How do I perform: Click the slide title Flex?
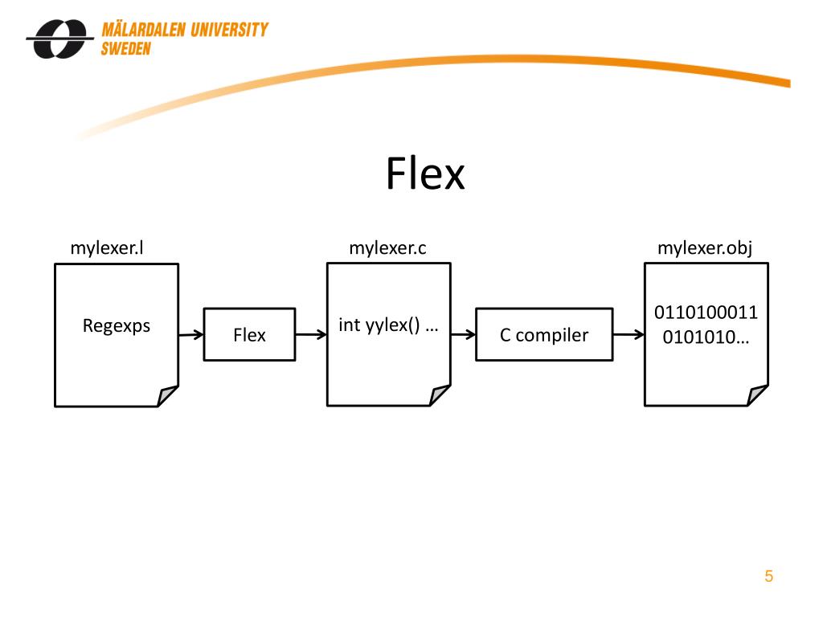pyautogui.click(x=425, y=174)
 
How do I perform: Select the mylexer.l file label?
pyautogui.click(x=107, y=247)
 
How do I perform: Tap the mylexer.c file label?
pyautogui.click(x=388, y=247)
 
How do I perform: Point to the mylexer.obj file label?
pyautogui.click(x=705, y=247)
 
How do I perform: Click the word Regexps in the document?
pyautogui.click(x=117, y=326)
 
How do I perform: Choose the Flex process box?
pyautogui.click(x=249, y=334)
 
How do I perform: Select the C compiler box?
pyautogui.click(x=544, y=334)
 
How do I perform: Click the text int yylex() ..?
pyautogui.click(x=379, y=325)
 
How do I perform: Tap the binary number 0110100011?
pyautogui.click(x=706, y=313)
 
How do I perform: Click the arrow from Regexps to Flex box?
pyautogui.click(x=191, y=335)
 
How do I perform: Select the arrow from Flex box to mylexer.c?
pyautogui.click(x=311, y=334)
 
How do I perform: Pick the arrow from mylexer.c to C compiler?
pyautogui.click(x=463, y=334)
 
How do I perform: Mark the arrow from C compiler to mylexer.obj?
pyautogui.click(x=629, y=334)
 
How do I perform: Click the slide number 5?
pyautogui.click(x=769, y=576)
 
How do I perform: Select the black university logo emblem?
pyautogui.click(x=59, y=39)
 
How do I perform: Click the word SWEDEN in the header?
pyautogui.click(x=126, y=49)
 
